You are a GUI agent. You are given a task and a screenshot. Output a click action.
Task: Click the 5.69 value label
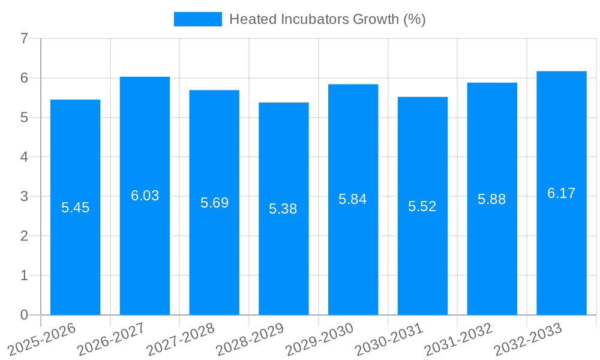coord(214,203)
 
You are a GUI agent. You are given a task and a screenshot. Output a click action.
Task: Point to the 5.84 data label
coord(352,199)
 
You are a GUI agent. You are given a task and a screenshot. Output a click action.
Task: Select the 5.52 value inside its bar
coord(422,206)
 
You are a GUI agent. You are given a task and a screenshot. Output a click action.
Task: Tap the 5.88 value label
coord(491,199)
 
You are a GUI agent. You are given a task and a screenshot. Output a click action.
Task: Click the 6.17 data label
coord(561,193)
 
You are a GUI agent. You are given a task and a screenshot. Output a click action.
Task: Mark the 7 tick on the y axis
coord(24,39)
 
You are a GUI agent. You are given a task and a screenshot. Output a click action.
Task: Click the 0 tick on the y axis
coord(24,315)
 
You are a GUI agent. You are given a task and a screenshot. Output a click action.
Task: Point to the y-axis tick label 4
coord(24,157)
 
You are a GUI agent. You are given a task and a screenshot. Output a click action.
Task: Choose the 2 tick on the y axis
coord(24,236)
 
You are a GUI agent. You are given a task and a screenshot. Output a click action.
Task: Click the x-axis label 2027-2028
coord(180,340)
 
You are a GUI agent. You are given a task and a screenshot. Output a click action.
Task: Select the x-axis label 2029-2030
coord(319,340)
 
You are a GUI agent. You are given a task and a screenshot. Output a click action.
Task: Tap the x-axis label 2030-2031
coord(389,340)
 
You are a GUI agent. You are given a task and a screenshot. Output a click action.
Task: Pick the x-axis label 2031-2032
coord(458,340)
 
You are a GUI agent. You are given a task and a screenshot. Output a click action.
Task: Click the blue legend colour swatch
coord(197,19)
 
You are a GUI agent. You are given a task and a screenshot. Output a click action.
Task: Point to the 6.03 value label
coord(145,196)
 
